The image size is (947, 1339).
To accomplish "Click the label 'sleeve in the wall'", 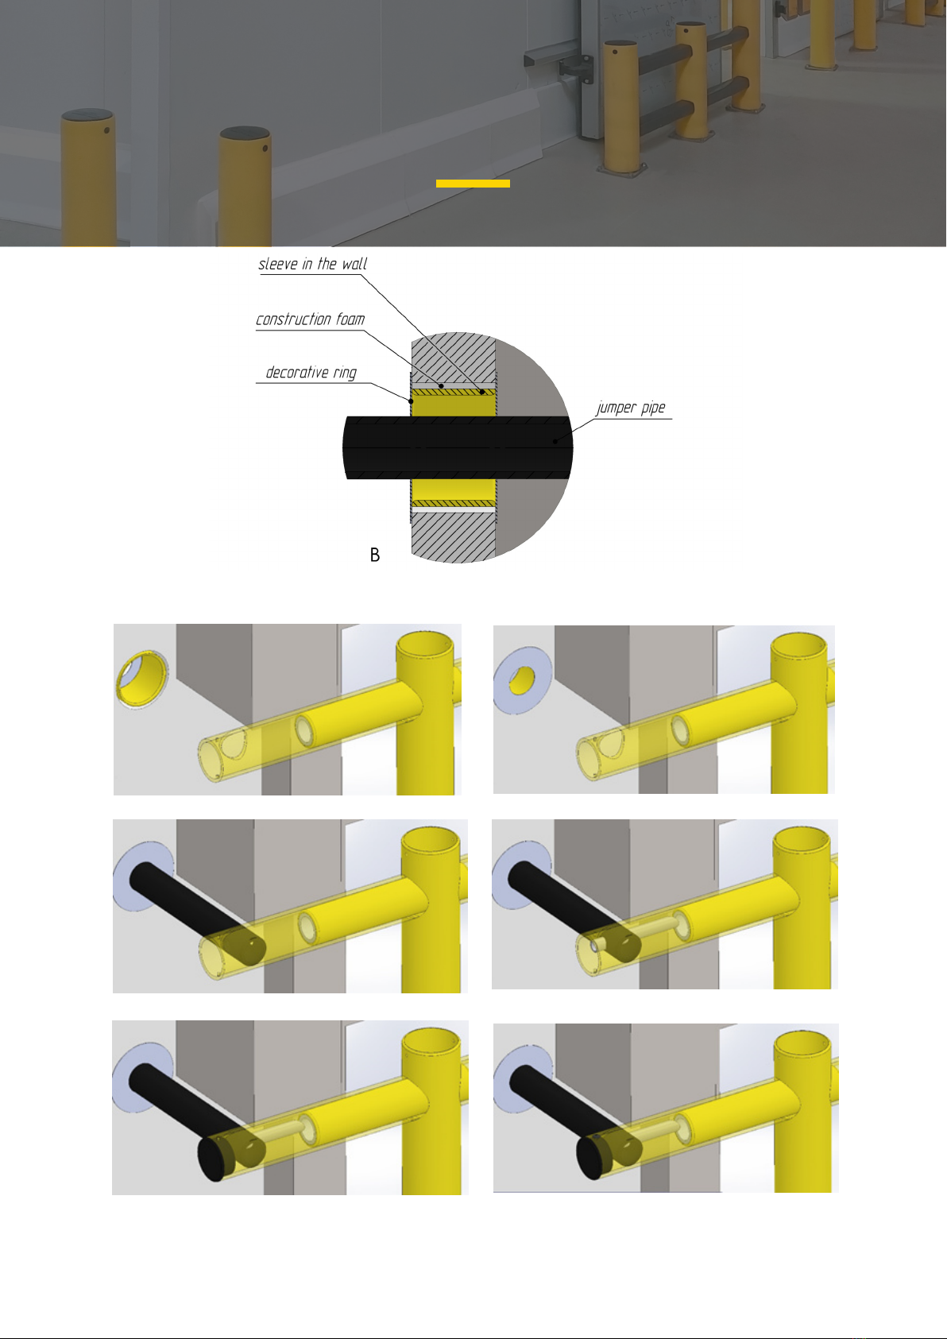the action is point(312,264).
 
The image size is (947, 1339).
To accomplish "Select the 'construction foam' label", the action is point(310,319).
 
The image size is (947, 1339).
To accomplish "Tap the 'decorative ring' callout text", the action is point(311,373).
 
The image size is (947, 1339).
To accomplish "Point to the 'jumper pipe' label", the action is point(630,408).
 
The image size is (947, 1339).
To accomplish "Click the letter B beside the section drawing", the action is point(375,555).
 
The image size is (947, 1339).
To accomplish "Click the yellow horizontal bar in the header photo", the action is point(473,184).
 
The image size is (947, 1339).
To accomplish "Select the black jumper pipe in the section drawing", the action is point(458,447).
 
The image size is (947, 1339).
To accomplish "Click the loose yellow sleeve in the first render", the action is point(141,679).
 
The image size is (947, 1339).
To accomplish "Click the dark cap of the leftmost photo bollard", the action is point(88,114).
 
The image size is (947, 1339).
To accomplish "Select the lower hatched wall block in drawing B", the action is point(454,538).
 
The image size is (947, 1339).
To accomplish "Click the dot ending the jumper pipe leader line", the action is point(555,442).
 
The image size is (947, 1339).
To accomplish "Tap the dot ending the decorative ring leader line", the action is point(411,401).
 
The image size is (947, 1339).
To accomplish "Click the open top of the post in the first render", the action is point(425,645).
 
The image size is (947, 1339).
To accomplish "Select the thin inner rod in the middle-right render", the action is point(640,935).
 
